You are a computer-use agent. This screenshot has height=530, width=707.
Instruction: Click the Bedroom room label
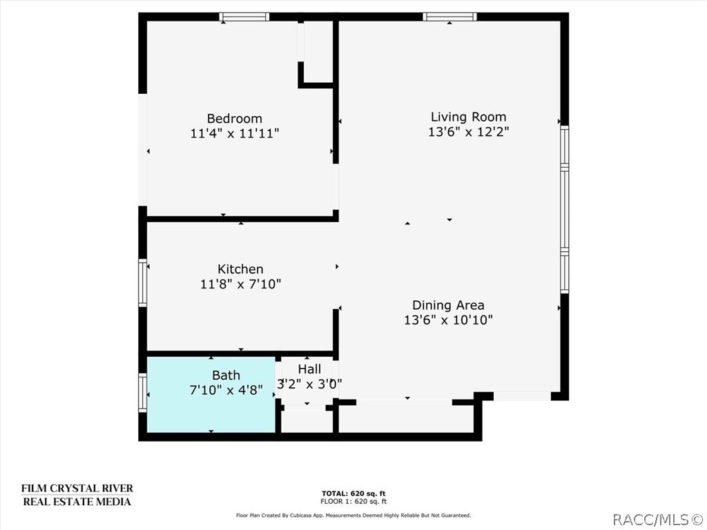coord(234,118)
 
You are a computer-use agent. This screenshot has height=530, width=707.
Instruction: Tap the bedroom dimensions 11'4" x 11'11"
coord(234,133)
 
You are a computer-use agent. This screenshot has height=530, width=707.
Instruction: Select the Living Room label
coord(468,117)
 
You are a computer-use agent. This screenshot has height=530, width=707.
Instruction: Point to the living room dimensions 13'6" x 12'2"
coord(468,132)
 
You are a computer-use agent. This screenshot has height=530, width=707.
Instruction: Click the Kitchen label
coord(240,269)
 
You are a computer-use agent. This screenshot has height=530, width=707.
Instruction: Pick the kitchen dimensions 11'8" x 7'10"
coord(240,284)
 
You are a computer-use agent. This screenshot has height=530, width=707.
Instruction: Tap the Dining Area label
coord(448,305)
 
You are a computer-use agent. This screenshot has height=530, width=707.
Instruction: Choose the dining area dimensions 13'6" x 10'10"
coord(448,320)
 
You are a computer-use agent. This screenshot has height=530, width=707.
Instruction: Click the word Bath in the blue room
coord(226,375)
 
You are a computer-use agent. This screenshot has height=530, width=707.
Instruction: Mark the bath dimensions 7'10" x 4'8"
coord(226,390)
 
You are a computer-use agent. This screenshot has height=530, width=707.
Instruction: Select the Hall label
coord(309,370)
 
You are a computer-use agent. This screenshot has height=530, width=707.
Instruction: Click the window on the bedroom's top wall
coord(244,17)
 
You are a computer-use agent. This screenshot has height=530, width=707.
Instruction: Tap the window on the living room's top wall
coord(449,17)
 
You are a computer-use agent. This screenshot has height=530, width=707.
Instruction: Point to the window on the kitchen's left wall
coord(143,282)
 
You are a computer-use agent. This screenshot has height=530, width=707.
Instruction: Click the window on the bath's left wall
coord(143,393)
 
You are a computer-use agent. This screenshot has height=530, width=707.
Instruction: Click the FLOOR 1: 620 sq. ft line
coord(354,502)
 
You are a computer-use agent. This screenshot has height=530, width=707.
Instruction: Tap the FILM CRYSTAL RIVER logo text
coord(77,489)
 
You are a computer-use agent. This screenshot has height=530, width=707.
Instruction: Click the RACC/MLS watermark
coord(657,518)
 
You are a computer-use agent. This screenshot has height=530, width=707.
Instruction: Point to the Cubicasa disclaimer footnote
coord(353,516)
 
